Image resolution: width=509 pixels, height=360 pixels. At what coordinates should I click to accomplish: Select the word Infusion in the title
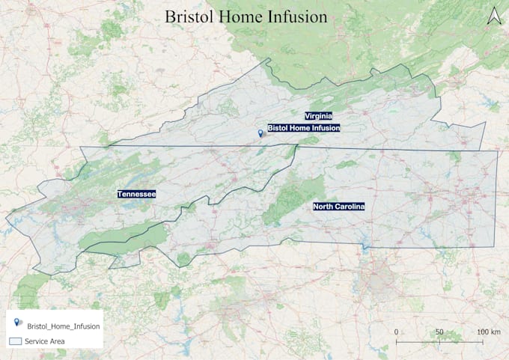click(x=299, y=16)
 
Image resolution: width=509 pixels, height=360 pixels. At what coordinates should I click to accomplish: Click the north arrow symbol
click(x=493, y=16)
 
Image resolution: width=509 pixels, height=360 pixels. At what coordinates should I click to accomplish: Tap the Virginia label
click(x=318, y=115)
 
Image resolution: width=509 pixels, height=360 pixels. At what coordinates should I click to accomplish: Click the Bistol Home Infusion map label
click(x=304, y=129)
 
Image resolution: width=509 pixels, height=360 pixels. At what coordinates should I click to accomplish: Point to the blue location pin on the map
click(x=260, y=133)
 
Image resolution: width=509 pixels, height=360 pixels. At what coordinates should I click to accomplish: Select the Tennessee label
click(x=136, y=195)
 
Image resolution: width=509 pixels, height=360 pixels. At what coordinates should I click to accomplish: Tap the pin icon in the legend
click(x=17, y=323)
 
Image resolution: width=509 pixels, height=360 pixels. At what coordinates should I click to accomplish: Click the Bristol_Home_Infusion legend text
click(x=64, y=326)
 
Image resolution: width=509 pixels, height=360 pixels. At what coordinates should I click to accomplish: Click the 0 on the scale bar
click(x=396, y=332)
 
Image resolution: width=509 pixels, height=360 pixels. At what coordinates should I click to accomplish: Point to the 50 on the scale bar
click(x=439, y=332)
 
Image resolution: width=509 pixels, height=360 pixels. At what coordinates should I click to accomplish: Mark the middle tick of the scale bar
click(x=439, y=341)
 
